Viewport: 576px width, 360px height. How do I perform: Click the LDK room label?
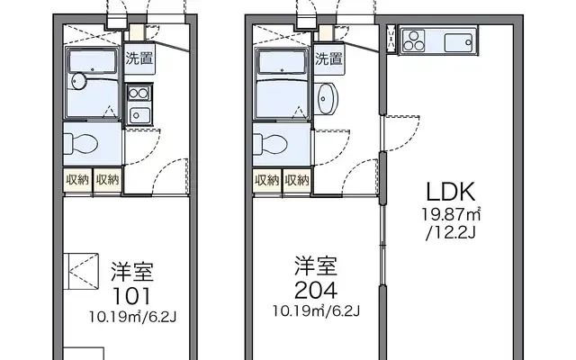[x=451, y=192]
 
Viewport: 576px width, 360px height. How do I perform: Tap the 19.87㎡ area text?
[x=451, y=214]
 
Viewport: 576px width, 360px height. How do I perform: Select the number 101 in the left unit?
[x=132, y=296]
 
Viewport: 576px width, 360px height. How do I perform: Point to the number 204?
[x=316, y=291]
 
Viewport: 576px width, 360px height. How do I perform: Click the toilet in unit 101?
[x=81, y=144]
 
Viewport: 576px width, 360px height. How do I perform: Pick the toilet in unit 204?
[x=270, y=144]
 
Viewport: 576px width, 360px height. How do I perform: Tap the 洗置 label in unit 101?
[x=139, y=58]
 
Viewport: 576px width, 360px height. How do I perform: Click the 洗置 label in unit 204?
[x=328, y=58]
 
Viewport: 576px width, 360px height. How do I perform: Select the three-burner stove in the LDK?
[x=414, y=41]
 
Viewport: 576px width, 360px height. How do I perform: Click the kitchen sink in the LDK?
[x=458, y=42]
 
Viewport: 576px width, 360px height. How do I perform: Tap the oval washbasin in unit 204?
[x=326, y=98]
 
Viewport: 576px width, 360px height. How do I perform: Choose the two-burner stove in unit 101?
[x=139, y=94]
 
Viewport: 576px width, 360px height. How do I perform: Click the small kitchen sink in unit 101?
[x=139, y=116]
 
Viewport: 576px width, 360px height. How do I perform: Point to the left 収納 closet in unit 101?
[x=77, y=180]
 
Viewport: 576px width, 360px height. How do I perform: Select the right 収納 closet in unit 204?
[x=297, y=180]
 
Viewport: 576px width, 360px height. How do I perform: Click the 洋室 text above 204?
[x=316, y=266]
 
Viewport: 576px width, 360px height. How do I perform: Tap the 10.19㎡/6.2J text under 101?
[x=132, y=317]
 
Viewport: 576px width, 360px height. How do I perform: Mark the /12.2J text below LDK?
[x=451, y=233]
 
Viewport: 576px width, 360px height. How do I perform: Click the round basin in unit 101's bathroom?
[x=79, y=81]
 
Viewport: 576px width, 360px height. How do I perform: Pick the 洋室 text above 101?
[x=132, y=272]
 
